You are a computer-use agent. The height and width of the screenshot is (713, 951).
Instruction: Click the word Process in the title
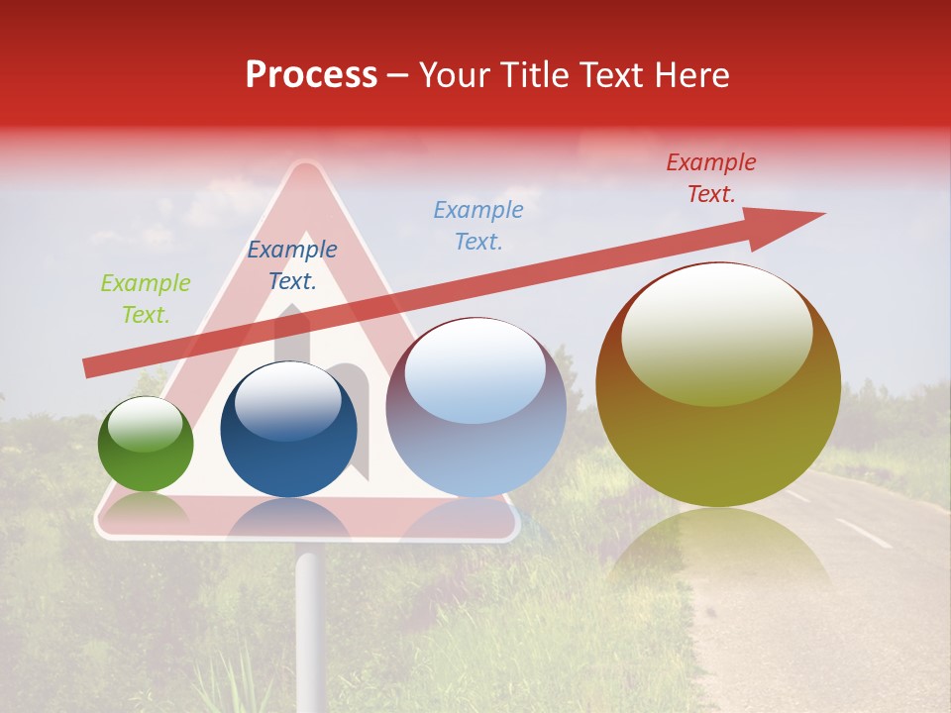point(311,75)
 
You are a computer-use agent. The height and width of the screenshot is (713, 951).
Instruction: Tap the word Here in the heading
point(689,75)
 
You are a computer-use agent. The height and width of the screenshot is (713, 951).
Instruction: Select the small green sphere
point(146,445)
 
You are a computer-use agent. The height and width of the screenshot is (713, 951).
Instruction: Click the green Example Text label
point(146,299)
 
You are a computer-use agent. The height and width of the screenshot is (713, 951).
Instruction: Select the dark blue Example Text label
point(292,265)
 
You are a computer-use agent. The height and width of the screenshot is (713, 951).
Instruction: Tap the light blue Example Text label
point(478,225)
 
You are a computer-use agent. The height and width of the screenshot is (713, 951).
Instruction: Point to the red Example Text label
point(711,178)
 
